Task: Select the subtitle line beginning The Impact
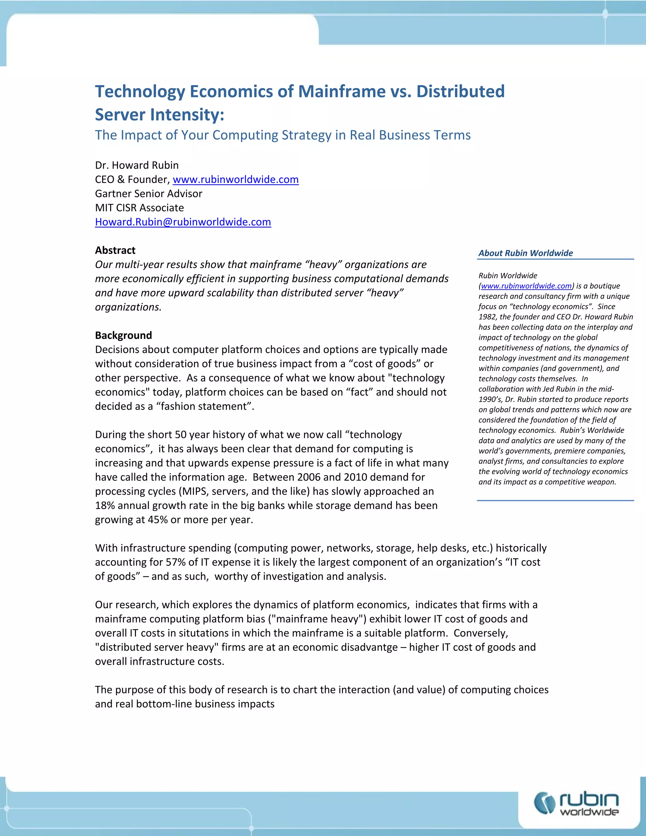coord(282,135)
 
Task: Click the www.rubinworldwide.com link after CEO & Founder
coord(235,180)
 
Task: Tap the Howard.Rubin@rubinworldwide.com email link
coord(183,222)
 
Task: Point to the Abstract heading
coord(115,250)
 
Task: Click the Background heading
coord(123,335)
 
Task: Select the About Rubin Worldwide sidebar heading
coord(525,253)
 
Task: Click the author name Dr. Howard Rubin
coord(137,165)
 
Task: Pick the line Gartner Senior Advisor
coord(149,194)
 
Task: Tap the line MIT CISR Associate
coord(139,208)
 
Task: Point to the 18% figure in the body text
coord(105,506)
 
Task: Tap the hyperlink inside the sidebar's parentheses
coord(526,286)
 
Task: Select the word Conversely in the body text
coord(480,633)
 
